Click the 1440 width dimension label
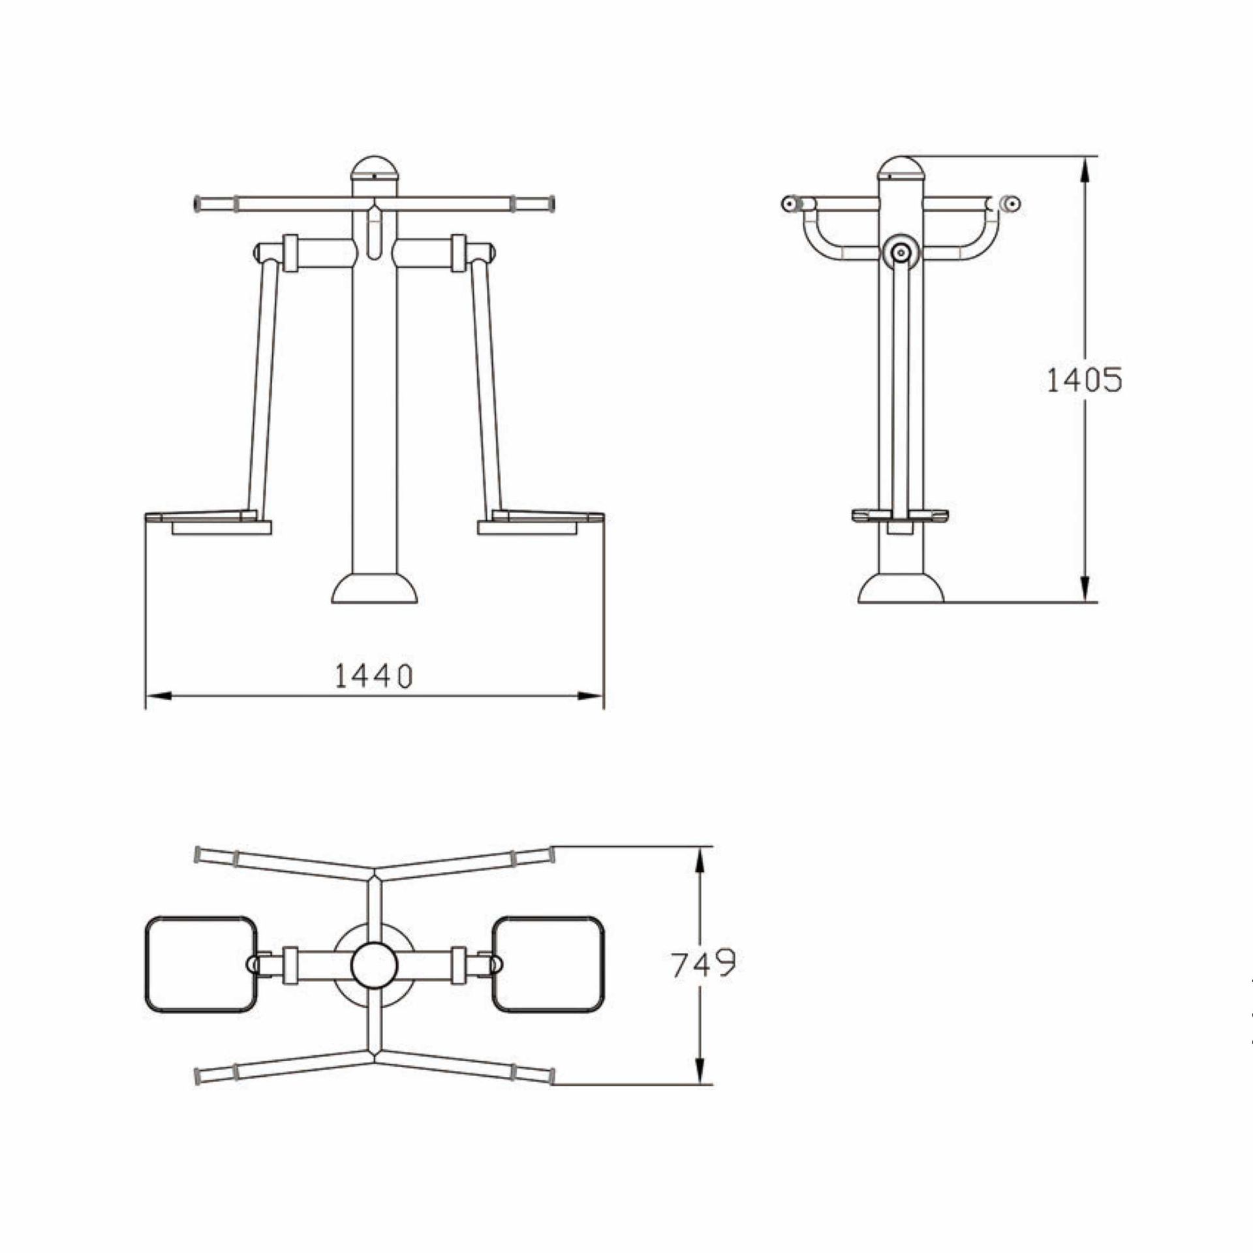click(x=374, y=676)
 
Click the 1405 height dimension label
click(x=1084, y=380)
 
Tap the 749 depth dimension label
click(x=703, y=964)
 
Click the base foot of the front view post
click(x=375, y=589)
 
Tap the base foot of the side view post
click(x=901, y=589)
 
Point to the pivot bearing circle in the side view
click(x=901, y=253)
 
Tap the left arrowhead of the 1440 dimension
click(x=157, y=697)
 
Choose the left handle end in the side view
click(x=789, y=204)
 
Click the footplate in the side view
click(x=901, y=516)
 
